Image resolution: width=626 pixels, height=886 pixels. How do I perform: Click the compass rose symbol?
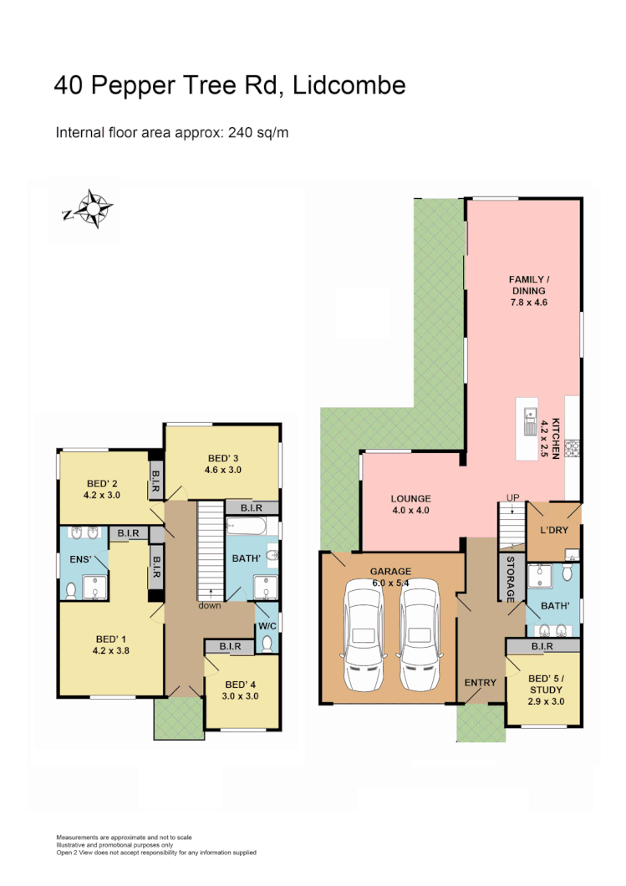[90, 209]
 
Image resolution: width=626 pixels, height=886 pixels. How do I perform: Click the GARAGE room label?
[391, 572]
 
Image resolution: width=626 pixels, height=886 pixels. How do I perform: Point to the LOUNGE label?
[410, 499]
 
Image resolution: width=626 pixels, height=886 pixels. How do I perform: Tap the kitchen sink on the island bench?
[529, 419]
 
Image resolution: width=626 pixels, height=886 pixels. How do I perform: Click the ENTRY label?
[481, 683]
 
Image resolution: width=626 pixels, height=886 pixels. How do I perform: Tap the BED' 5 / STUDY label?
[547, 690]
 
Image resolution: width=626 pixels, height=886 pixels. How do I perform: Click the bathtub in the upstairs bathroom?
[247, 527]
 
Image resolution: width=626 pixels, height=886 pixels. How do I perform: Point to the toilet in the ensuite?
[70, 590]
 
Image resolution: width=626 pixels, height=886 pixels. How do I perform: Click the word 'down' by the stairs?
[210, 605]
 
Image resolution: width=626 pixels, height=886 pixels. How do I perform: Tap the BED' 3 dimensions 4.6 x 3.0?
[223, 470]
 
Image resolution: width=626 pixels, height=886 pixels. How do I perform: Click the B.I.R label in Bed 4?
[230, 646]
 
